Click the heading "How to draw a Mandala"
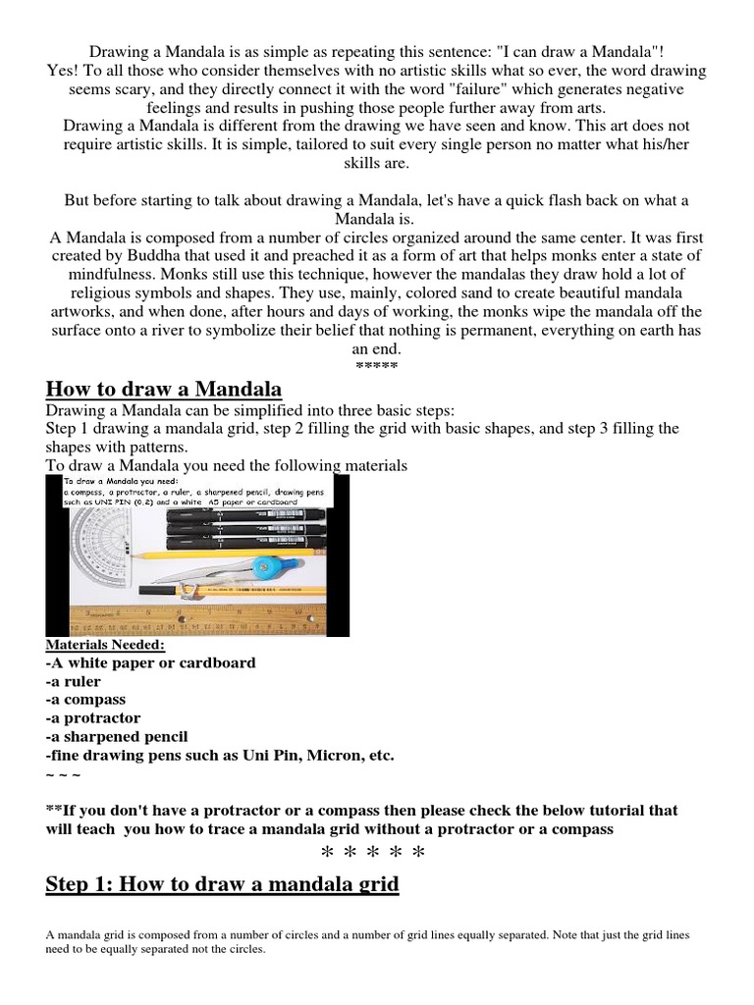coord(164,390)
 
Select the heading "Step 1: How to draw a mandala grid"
coord(222,883)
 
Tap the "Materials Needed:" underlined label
coord(105,645)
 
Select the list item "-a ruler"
coord(77,681)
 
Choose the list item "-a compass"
coord(85,700)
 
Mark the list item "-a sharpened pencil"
coord(117,736)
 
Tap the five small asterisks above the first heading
coord(376,367)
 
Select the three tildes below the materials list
coord(63,773)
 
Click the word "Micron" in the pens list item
coord(333,755)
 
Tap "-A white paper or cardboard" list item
coord(150,662)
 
